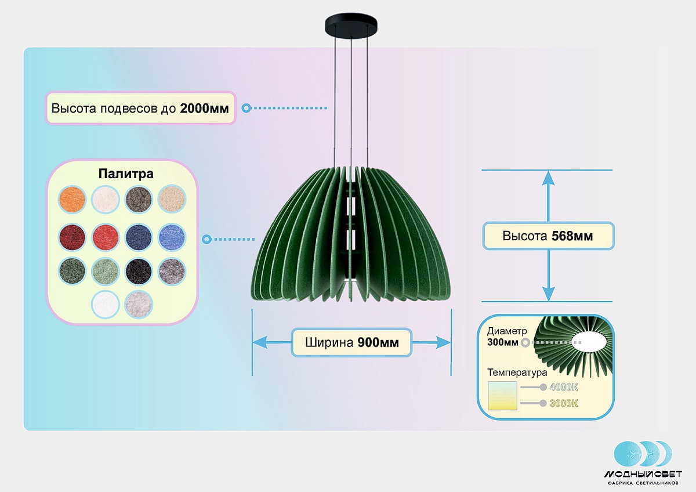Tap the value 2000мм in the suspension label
pos(204,108)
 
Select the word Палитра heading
pos(126,174)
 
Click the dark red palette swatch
pos(72,236)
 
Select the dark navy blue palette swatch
pos(139,236)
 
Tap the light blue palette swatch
pos(172,236)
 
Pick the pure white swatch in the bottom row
pos(106,304)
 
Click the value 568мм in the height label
pos(572,236)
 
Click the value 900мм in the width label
pos(378,342)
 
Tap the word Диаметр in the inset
pos(507,331)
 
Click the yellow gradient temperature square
pos(502,396)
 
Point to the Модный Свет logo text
pos(643,474)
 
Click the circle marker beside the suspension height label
pos(246,108)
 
